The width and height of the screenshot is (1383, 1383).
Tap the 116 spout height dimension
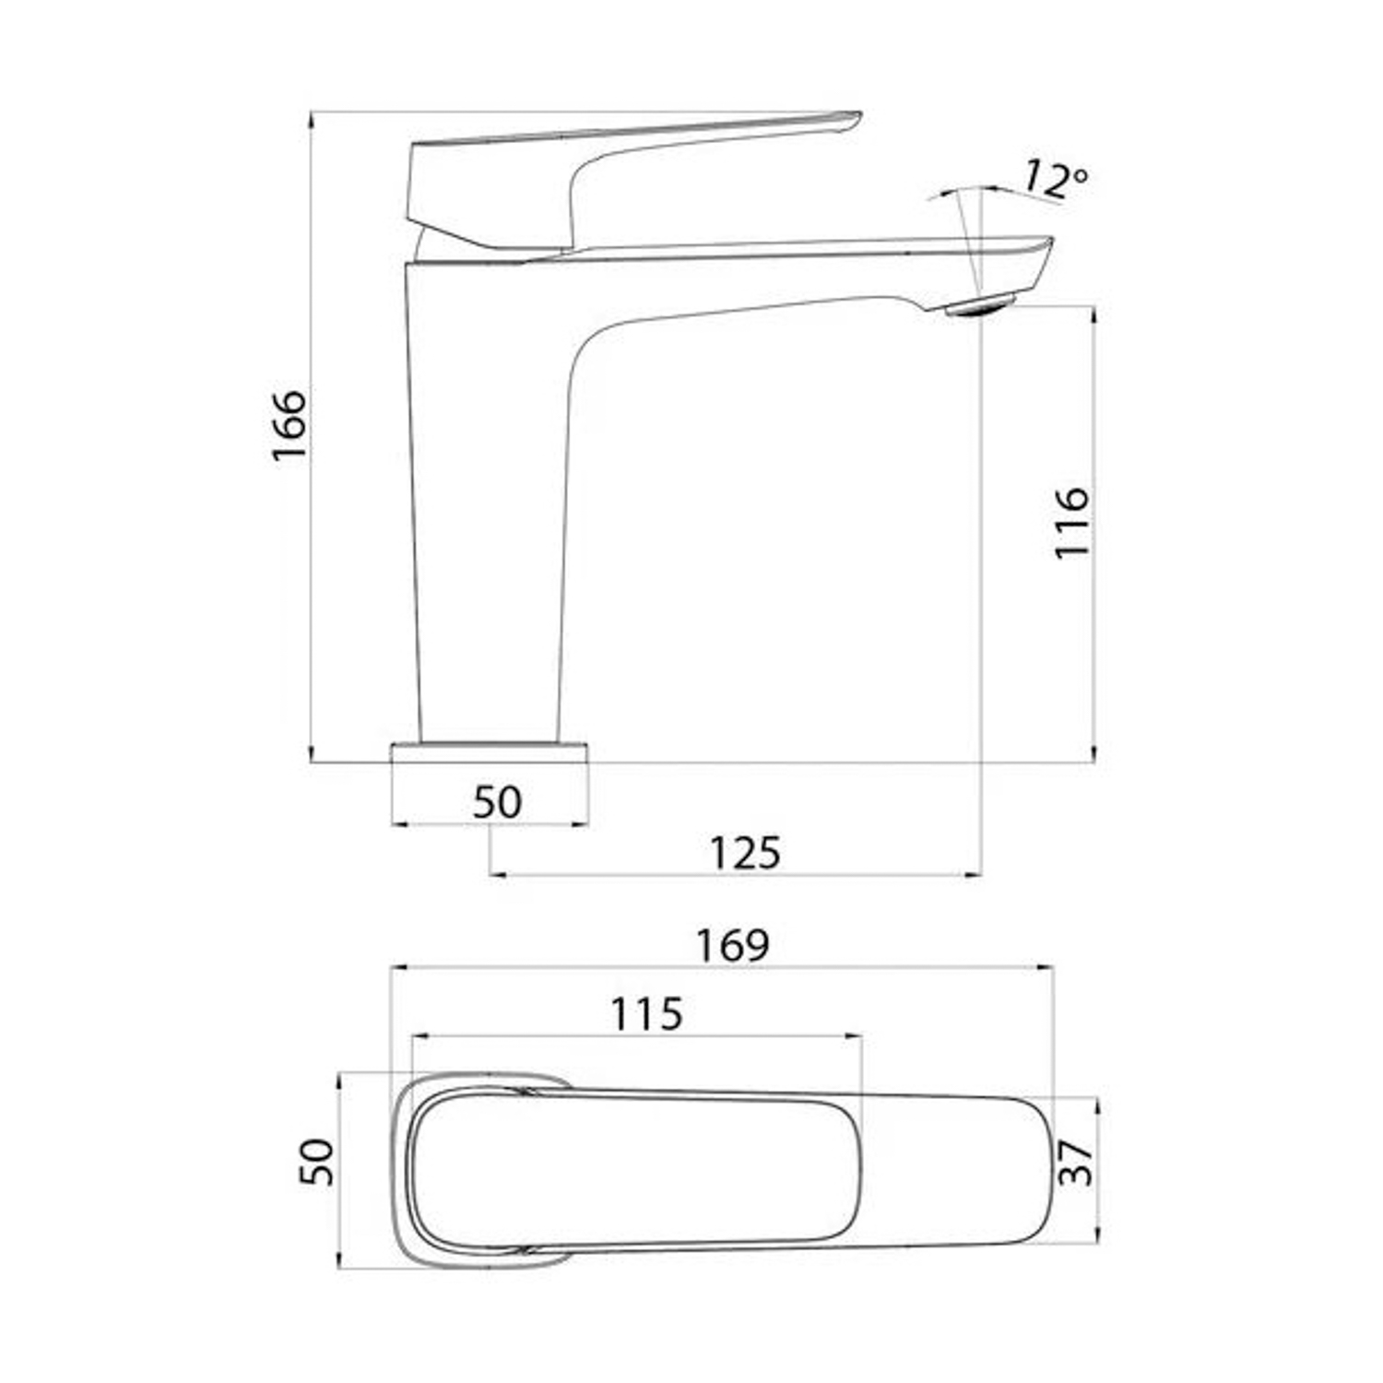[1071, 522]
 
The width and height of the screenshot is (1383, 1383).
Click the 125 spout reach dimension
[745, 853]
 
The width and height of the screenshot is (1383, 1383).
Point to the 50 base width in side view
[497, 801]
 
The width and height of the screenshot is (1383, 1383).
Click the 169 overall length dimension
[732, 945]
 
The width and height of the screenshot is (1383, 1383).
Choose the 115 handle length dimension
[646, 1014]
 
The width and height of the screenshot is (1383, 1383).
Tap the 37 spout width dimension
[1076, 1164]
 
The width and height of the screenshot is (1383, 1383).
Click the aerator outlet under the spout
[980, 305]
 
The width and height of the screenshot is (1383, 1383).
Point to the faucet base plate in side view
[490, 751]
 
